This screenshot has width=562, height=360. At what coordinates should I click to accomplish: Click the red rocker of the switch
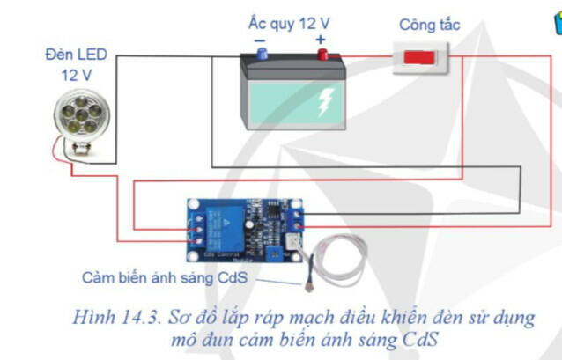pos(419,58)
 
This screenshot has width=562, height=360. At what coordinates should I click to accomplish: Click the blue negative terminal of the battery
pos(261,55)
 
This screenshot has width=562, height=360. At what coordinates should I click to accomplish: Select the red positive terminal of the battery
pos(322,55)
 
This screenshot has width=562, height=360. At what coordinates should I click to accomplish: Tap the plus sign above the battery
pos(320,40)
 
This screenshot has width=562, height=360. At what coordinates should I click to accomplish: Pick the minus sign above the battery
pos(260,40)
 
